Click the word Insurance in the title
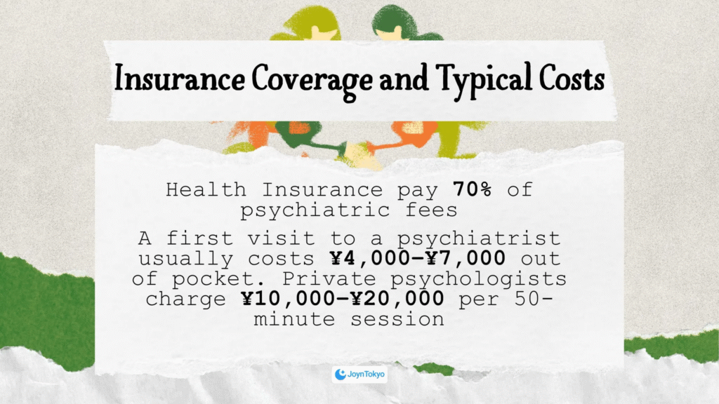(x=179, y=78)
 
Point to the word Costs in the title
(x=572, y=78)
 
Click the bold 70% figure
(x=473, y=189)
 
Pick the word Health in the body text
(x=206, y=189)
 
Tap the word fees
(x=431, y=210)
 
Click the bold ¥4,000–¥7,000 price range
(x=418, y=258)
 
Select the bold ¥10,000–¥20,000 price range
(x=343, y=299)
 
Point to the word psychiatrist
(x=479, y=238)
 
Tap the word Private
(x=329, y=278)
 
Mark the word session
(x=397, y=319)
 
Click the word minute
(x=294, y=319)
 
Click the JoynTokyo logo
(x=359, y=375)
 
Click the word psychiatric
(x=315, y=210)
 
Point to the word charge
(x=185, y=299)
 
